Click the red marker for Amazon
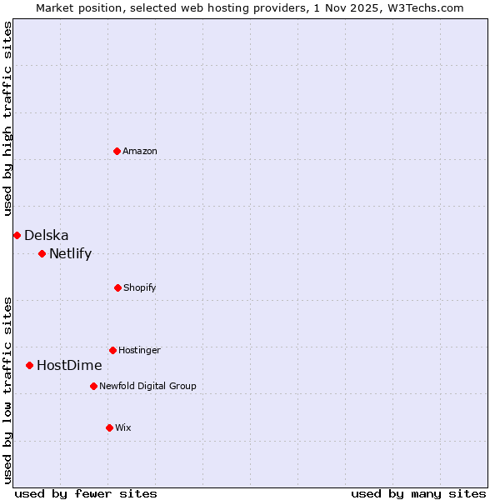click(x=117, y=151)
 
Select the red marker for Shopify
click(x=117, y=287)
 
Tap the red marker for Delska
click(x=17, y=235)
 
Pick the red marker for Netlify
click(x=42, y=253)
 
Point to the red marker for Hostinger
click(x=112, y=350)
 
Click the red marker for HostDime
click(x=29, y=365)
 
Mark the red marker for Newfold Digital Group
click(x=93, y=386)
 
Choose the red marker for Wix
click(x=109, y=427)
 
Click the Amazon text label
click(x=140, y=151)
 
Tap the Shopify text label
click(x=140, y=287)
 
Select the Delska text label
click(x=47, y=235)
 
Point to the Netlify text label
click(x=71, y=253)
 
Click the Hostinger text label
click(x=139, y=350)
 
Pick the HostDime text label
click(x=69, y=365)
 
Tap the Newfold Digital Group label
click(x=147, y=386)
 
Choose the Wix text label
click(x=123, y=427)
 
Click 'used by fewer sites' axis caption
click(x=86, y=493)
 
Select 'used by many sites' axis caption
click(x=418, y=493)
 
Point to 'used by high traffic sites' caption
click(x=7, y=118)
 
